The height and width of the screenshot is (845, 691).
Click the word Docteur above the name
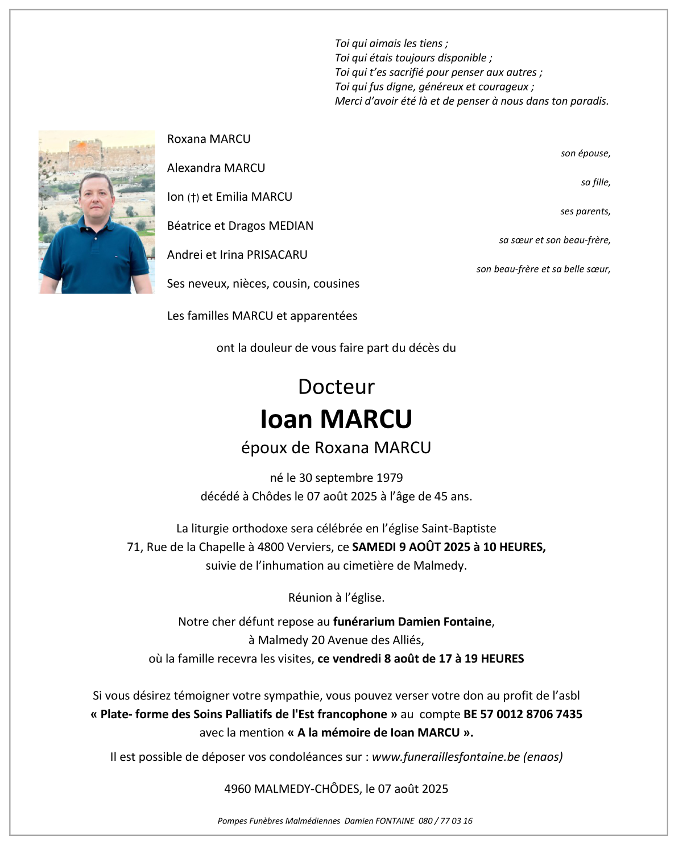(336, 387)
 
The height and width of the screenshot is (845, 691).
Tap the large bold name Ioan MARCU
(336, 419)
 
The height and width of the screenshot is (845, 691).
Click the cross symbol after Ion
(193, 197)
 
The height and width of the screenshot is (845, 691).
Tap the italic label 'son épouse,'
(585, 154)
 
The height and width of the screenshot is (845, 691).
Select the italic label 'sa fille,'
(595, 183)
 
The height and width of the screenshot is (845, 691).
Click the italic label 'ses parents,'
(585, 212)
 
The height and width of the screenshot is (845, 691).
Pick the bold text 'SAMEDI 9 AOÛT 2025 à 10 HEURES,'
(449, 547)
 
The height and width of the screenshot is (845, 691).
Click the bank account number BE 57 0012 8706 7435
(523, 714)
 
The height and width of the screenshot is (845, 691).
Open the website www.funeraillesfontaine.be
(446, 757)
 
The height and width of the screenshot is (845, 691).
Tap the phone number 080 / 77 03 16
(445, 821)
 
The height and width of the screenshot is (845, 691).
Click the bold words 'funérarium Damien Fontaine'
(412, 622)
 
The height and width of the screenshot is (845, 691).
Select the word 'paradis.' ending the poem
(590, 101)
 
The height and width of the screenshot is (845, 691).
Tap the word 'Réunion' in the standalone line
(309, 598)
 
